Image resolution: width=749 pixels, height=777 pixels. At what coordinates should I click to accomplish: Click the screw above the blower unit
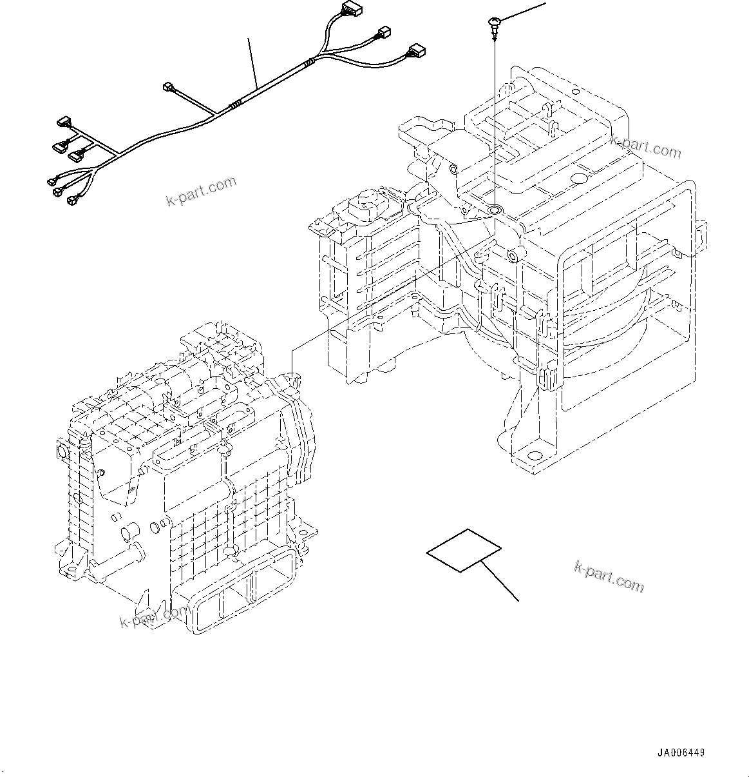click(x=493, y=25)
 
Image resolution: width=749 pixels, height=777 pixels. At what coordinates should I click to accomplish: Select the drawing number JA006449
click(x=681, y=752)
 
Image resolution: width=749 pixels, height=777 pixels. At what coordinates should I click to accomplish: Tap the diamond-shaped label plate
click(x=464, y=549)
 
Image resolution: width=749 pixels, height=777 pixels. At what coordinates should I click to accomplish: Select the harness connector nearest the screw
click(x=415, y=50)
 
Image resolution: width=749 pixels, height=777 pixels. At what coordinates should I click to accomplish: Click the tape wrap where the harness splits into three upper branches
click(x=310, y=63)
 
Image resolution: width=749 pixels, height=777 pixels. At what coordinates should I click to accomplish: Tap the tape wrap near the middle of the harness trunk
click(x=236, y=104)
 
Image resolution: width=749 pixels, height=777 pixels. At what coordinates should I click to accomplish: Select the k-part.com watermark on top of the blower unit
click(x=645, y=148)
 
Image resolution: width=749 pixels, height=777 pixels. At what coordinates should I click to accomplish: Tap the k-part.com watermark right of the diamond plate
click(x=608, y=575)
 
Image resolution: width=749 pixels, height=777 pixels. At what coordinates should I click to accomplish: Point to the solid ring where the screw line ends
click(x=495, y=210)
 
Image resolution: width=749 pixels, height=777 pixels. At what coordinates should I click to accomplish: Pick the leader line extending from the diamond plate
click(x=501, y=582)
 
